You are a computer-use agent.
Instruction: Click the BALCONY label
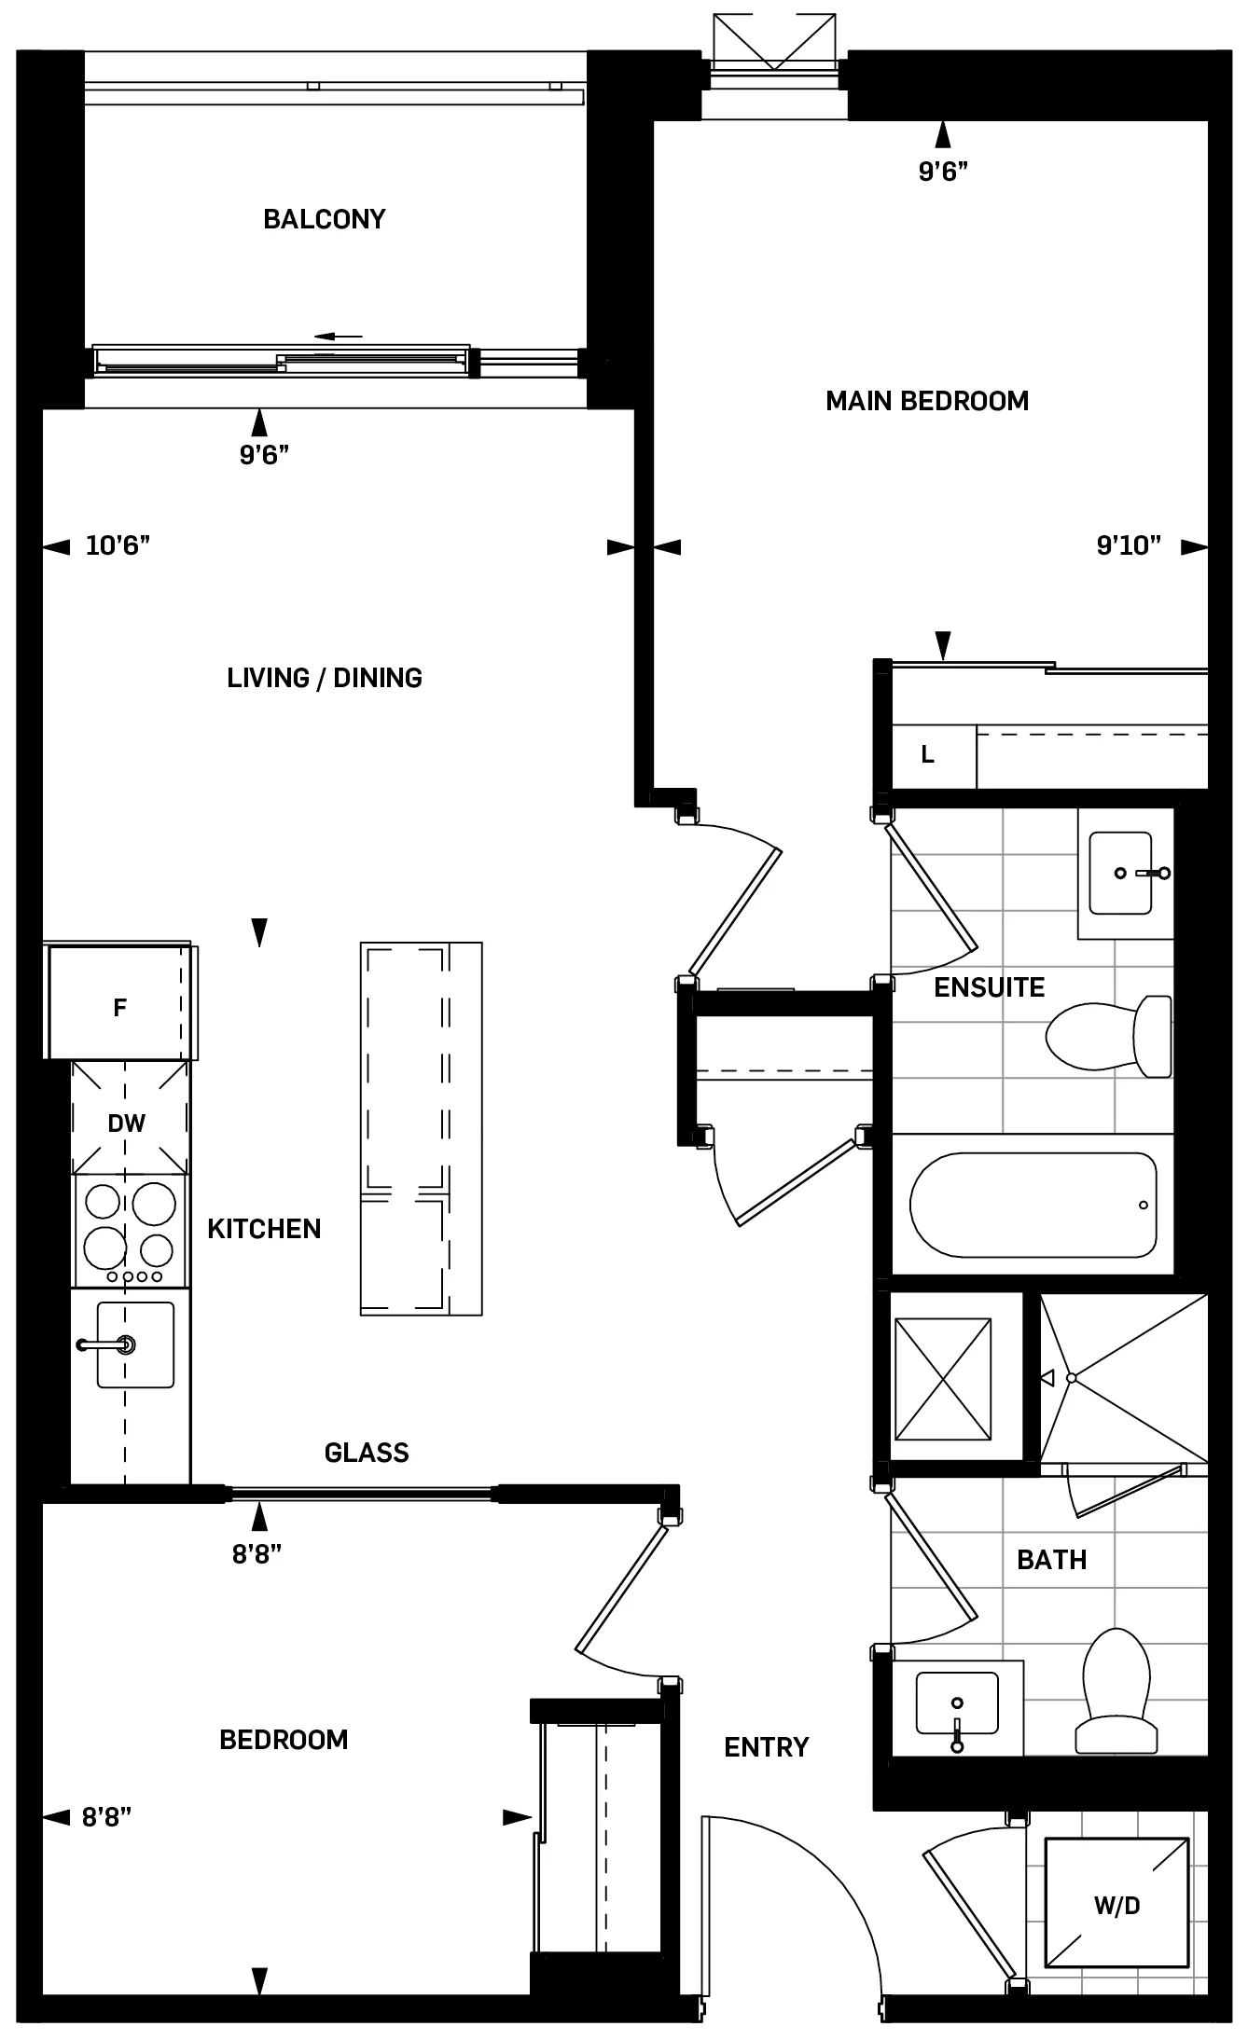(324, 219)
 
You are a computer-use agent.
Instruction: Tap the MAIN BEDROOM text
(927, 401)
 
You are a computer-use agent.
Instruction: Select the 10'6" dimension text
(118, 545)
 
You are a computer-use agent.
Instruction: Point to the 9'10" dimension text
(1129, 545)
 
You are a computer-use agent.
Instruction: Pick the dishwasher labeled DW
(127, 1123)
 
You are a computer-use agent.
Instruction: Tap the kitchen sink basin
(135, 1344)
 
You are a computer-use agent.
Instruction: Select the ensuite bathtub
(1033, 1205)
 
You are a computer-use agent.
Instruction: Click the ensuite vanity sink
(1120, 873)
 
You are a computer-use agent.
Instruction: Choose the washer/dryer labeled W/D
(1116, 1905)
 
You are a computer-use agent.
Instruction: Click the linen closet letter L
(927, 755)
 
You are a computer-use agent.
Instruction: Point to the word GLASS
(367, 1453)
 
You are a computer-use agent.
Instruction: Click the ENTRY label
(766, 1747)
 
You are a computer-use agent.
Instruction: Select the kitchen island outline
(421, 1128)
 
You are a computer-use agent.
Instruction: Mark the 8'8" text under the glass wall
(257, 1554)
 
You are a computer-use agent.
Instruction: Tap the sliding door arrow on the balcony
(338, 337)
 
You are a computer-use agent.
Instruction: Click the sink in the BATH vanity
(956, 1703)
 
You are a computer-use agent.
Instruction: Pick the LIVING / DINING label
(325, 678)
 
